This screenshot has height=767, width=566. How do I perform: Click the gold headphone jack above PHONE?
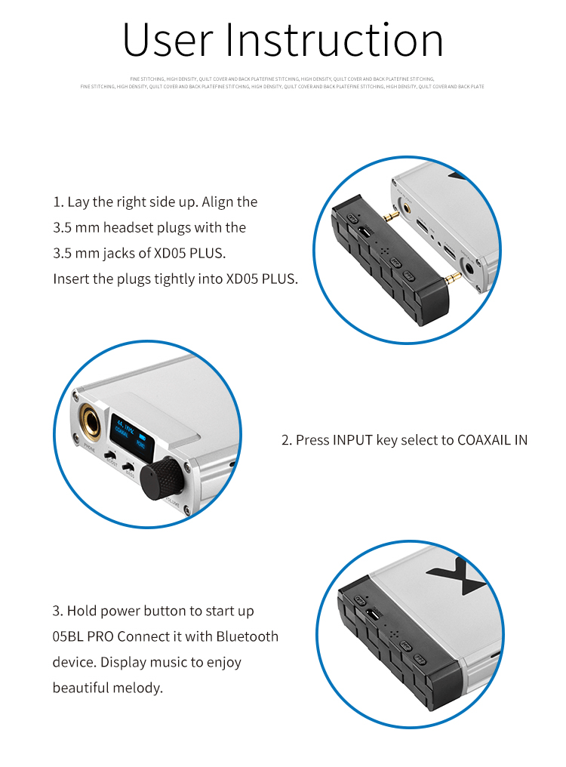click(89, 420)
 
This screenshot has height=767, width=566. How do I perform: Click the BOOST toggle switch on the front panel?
click(110, 457)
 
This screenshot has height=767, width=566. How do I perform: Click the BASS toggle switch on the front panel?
click(129, 468)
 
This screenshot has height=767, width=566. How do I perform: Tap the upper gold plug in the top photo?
click(389, 216)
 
